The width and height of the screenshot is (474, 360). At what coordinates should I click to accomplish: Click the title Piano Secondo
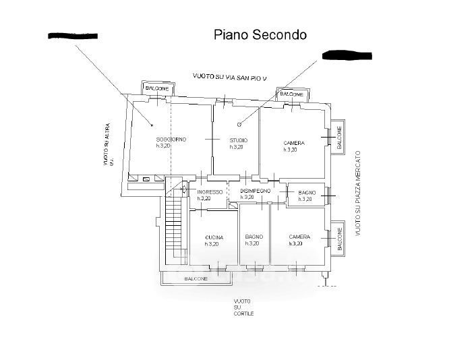click(x=260, y=34)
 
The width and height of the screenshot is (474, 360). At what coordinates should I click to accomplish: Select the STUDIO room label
click(x=238, y=140)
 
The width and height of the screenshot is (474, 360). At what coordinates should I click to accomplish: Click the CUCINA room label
click(x=214, y=237)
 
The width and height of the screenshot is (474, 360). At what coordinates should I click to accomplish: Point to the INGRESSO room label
click(x=210, y=192)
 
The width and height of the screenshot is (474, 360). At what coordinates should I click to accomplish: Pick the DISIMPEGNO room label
click(x=256, y=191)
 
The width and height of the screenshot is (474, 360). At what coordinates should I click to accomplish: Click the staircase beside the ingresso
click(x=175, y=223)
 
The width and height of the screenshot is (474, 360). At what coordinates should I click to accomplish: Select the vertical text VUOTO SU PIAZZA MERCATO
click(x=358, y=193)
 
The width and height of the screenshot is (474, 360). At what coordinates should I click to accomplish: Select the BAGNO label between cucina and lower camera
click(x=254, y=237)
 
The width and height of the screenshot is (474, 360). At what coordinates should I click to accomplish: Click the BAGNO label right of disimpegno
click(x=307, y=193)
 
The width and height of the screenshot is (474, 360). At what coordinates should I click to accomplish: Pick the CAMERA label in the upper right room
click(x=294, y=143)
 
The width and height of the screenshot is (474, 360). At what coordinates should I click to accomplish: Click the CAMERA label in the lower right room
click(x=299, y=237)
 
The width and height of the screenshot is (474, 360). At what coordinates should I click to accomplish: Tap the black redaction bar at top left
click(x=73, y=35)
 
